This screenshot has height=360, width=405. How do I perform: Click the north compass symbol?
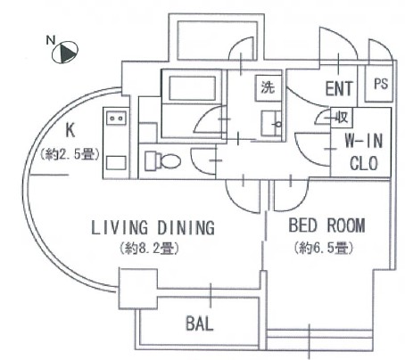pos(65,53)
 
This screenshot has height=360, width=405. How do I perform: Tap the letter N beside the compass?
pos(51,40)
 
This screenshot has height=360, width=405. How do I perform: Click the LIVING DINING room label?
pos(153,228)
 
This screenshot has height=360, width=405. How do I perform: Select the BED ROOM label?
pos(326,225)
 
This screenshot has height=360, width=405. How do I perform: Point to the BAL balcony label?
pos(200,323)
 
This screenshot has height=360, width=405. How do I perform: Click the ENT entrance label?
pos(339,88)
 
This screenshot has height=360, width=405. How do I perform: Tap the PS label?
pos(381,84)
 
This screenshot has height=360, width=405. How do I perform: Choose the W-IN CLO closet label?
pos(364,152)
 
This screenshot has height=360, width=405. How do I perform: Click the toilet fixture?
pos(162,161)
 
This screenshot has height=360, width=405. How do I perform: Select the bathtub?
pos(193,88)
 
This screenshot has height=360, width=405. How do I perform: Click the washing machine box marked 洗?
pos(268,87)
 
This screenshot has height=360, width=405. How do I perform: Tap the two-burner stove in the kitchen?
pos(117,119)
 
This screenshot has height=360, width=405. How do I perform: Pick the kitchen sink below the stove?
pos(116,163)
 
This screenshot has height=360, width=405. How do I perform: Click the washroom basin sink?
pos(271,123)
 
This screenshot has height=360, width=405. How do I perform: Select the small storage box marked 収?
pos(342,117)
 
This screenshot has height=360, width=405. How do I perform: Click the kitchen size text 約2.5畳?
pos(70,154)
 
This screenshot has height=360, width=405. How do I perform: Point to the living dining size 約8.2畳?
pos(149,249)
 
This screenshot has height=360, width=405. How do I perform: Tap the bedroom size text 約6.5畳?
pos(324,248)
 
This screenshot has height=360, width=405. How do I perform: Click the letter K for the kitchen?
pos(70,130)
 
